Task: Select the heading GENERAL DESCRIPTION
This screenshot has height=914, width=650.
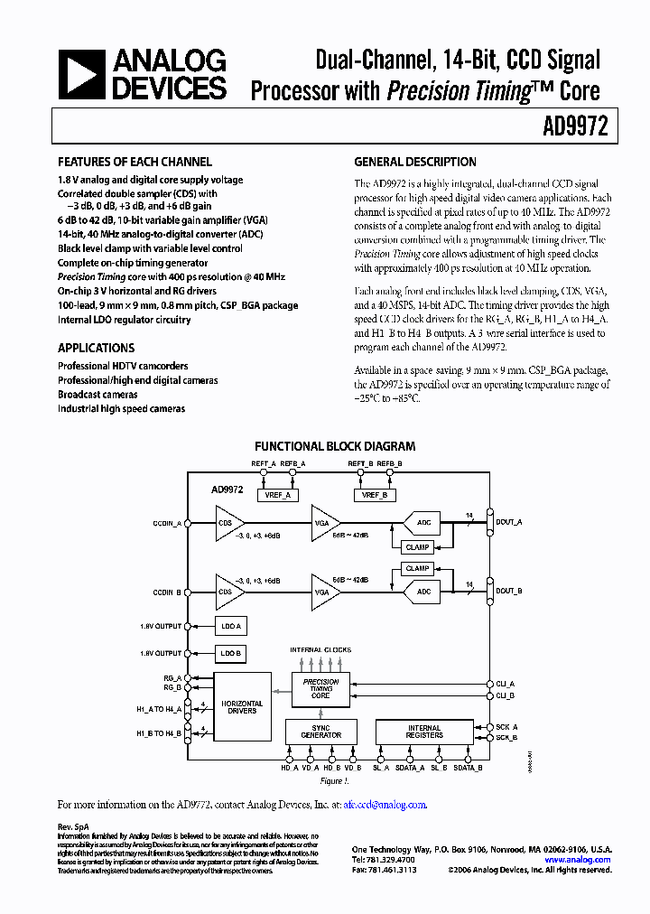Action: click(415, 163)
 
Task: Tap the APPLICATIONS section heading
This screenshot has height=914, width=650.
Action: click(97, 348)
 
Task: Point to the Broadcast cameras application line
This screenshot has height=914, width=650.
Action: click(97, 395)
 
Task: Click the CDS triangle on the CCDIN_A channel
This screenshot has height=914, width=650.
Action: click(228, 524)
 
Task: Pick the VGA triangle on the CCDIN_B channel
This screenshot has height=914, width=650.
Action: click(324, 592)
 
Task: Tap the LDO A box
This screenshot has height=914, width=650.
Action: click(230, 626)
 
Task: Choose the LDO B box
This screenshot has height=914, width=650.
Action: click(230, 653)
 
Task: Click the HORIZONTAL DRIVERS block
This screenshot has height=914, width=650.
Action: click(242, 706)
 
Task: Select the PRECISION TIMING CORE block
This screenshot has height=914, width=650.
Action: click(320, 689)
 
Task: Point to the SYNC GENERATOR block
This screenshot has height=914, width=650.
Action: click(320, 732)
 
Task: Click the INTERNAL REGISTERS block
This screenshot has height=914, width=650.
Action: click(423, 732)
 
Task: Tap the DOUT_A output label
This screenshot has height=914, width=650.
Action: click(509, 522)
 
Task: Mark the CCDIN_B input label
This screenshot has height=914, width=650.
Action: click(167, 592)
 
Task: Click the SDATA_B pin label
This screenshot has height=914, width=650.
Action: click(467, 768)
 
